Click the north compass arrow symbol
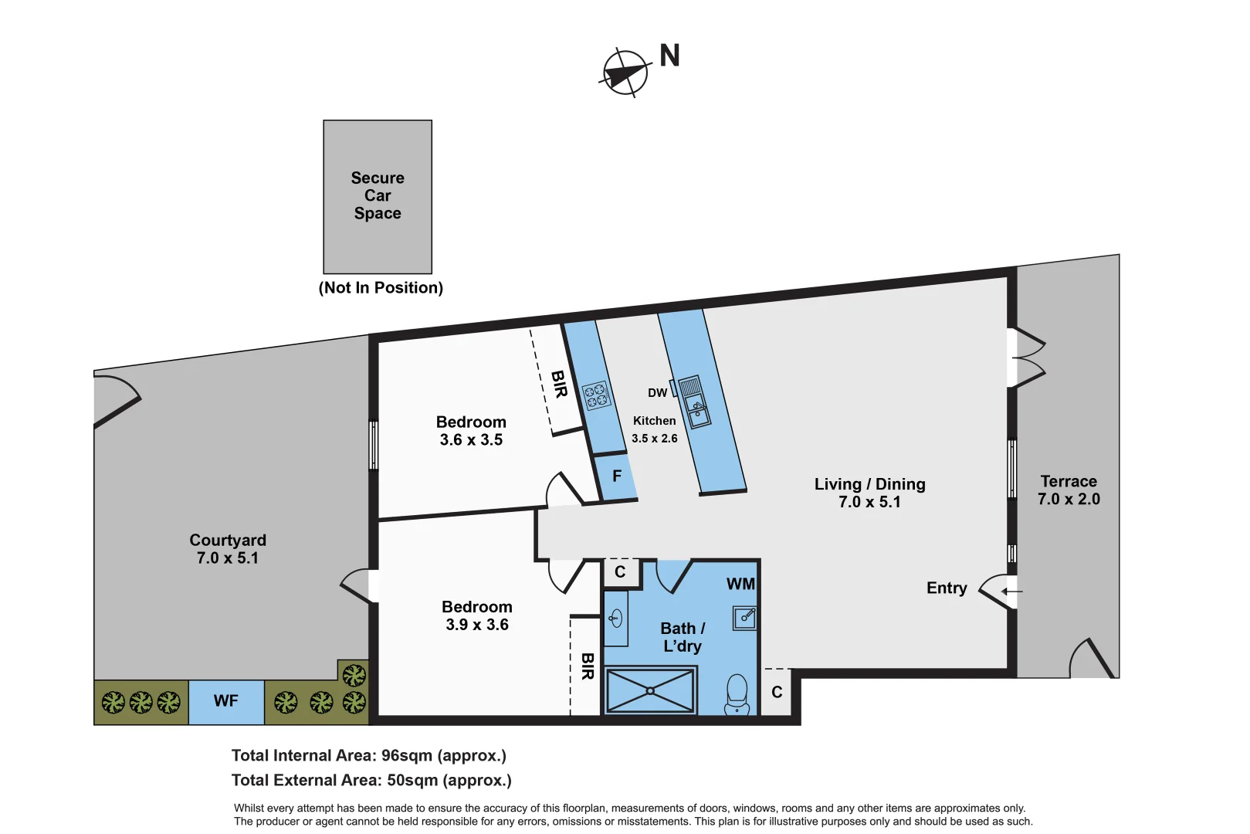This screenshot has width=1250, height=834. [625, 73]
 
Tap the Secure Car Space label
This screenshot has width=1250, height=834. [378, 195]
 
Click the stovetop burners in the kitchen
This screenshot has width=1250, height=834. [596, 396]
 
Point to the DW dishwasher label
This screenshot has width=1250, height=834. [657, 393]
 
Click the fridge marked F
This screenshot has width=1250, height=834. [616, 476]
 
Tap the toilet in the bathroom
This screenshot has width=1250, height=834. [737, 693]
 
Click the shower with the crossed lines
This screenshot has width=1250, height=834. [650, 690]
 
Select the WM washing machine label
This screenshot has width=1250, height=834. [740, 585]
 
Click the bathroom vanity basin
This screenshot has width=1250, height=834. [615, 619]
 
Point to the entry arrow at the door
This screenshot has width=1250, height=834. [1012, 592]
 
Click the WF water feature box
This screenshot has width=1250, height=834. [226, 701]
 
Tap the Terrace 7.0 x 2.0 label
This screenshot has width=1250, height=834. [1069, 490]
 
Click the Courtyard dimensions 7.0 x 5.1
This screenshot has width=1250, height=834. [228, 558]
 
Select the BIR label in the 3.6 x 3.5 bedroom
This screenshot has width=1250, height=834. [560, 384]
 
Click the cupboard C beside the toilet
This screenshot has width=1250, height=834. [777, 692]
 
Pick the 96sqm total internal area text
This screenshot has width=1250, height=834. [369, 756]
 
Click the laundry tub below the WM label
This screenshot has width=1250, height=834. [745, 618]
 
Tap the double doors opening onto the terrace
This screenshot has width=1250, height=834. [1028, 358]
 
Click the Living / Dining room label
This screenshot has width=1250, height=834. [869, 484]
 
